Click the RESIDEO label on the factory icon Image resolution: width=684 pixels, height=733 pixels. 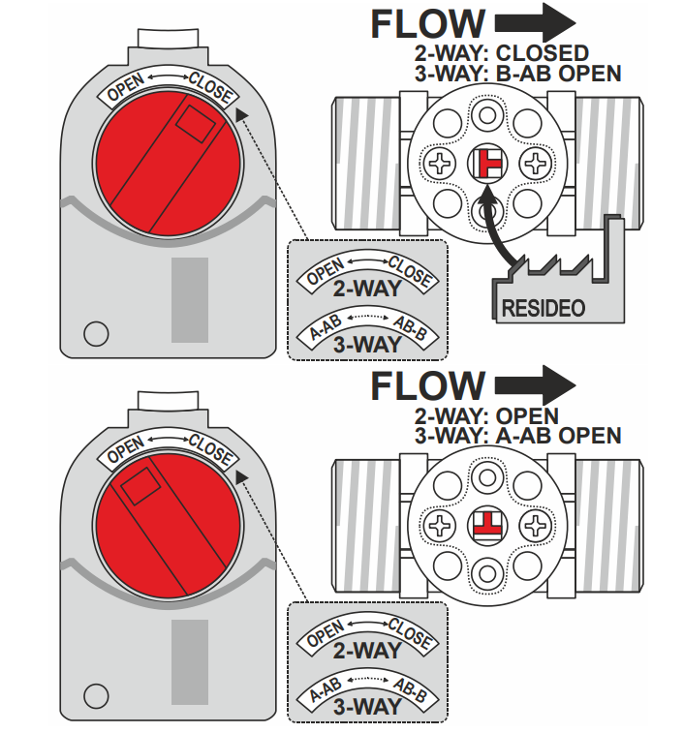coord(544,309)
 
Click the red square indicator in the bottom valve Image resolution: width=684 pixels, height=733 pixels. coord(487,525)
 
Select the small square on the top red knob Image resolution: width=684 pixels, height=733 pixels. coord(198,123)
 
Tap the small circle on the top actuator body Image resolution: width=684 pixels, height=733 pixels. coord(95,334)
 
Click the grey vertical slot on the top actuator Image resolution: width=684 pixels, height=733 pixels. coord(189,300)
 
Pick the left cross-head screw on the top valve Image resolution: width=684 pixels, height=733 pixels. coord(442,164)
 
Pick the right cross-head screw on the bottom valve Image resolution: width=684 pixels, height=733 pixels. coord(534,526)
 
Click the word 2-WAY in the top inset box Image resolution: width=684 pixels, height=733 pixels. coord(367,288)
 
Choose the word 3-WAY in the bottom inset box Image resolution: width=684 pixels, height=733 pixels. coord(367,706)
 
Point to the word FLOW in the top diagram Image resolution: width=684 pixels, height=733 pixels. coord(427,24)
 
